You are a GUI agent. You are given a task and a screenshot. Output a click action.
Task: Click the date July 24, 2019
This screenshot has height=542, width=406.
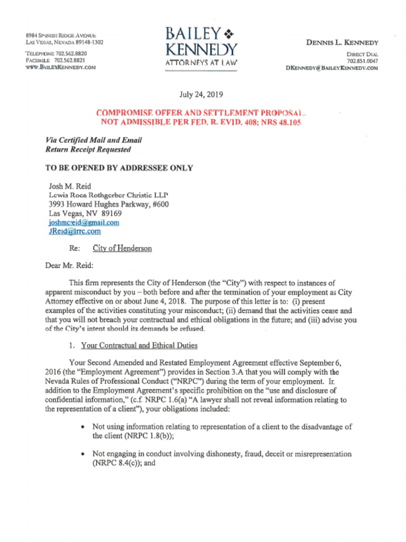201,95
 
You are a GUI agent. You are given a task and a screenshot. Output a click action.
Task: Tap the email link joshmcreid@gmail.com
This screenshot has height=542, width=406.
84,223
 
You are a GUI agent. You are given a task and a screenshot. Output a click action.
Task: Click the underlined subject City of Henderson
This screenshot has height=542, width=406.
122,248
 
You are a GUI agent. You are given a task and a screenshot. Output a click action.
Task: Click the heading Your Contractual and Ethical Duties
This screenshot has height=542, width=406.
139,346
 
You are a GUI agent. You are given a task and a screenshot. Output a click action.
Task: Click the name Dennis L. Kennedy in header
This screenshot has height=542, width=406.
343,42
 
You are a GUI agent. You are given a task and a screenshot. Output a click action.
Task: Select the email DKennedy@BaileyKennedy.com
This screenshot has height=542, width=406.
331,68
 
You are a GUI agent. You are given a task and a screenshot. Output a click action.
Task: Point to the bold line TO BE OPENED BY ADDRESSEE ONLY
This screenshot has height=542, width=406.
119,168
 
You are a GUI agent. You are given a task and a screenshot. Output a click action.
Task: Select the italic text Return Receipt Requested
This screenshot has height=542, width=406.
88,149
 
